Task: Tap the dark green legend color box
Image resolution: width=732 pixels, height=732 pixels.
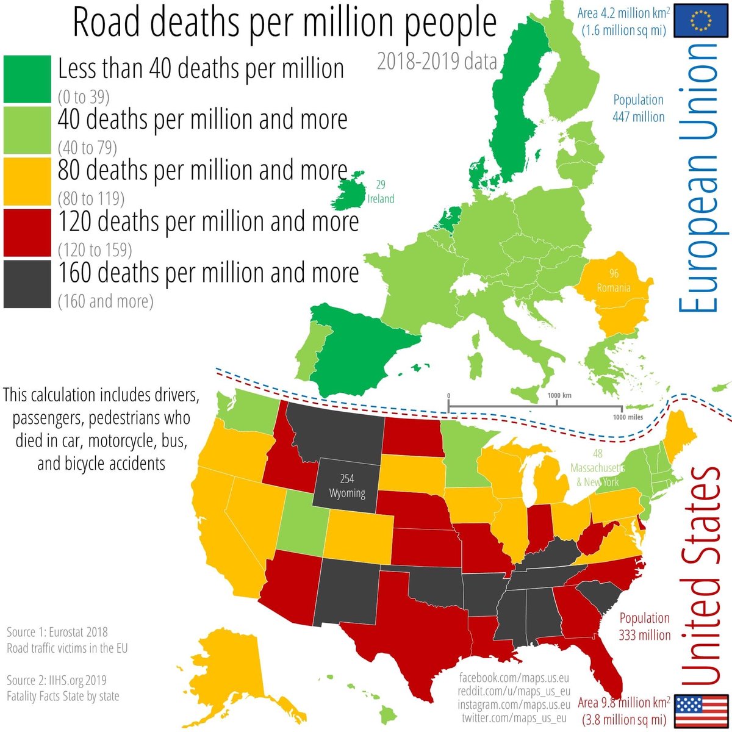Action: pos(27,79)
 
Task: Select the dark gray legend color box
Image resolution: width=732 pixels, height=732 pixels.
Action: pos(27,284)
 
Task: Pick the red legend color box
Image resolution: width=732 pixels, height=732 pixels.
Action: pos(27,232)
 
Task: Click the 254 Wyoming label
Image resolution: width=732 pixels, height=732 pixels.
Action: pos(347,486)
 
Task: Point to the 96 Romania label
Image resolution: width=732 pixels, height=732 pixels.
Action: pos(613,281)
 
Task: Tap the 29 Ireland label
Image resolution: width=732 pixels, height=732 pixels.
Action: pos(381,192)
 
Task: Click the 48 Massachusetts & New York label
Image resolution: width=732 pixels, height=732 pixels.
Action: pos(598,468)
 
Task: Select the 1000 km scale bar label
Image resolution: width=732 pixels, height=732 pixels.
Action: pos(559,395)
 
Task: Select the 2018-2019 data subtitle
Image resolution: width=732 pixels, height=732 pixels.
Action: pos(437,62)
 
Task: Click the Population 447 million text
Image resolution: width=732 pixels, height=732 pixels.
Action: pos(638,108)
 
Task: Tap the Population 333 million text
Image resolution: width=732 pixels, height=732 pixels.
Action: pos(644,626)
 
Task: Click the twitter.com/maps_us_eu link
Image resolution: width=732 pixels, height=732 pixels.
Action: pos(514,718)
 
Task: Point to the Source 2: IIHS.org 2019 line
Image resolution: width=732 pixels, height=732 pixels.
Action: pos(57,680)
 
